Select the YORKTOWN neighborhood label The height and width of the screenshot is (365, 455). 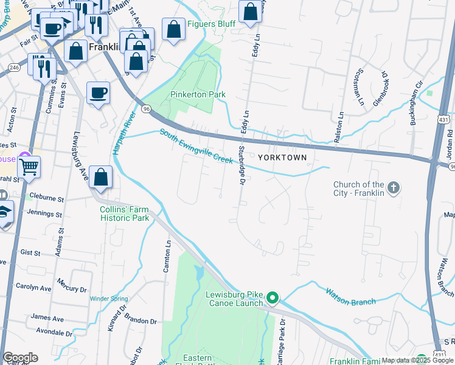(282, 157)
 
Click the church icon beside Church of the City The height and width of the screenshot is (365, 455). (394, 188)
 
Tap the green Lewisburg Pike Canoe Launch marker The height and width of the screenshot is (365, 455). (273, 298)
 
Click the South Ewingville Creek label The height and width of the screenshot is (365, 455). (196, 147)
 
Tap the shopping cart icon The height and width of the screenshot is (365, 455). (29, 165)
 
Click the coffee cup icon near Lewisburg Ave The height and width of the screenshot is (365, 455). (98, 92)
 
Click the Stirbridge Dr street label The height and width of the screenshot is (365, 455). (241, 165)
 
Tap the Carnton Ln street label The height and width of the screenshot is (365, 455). (167, 256)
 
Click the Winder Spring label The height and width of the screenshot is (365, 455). (109, 299)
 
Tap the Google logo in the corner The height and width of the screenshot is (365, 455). (20, 358)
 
